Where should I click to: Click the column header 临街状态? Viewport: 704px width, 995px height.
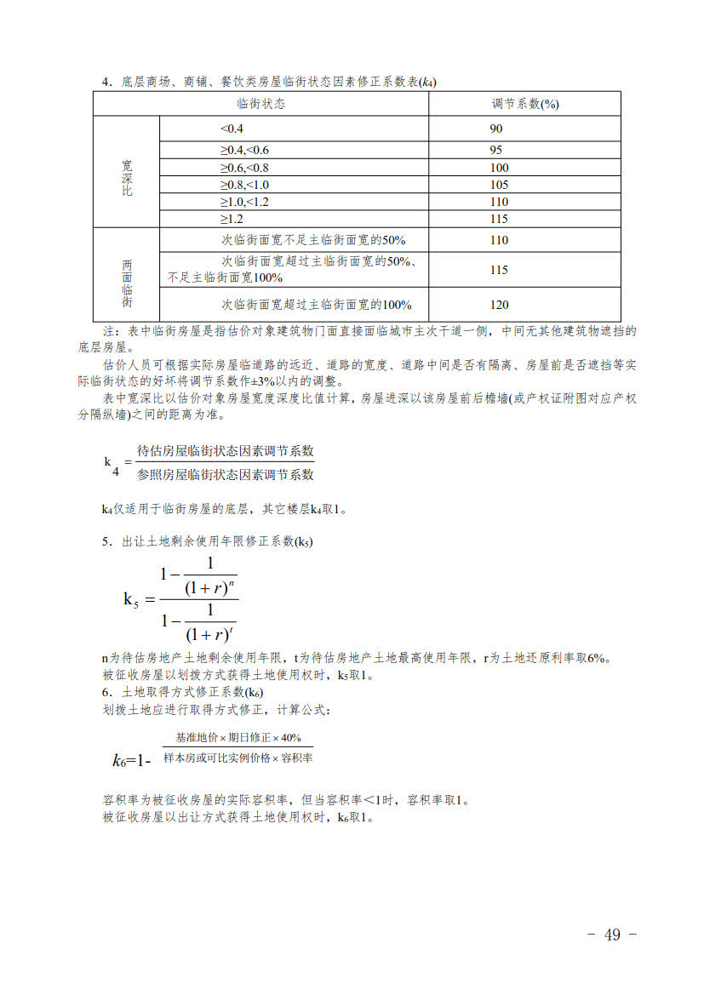[260, 104]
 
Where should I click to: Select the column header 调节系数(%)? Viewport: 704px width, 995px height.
[524, 104]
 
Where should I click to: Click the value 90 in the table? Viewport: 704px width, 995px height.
[496, 129]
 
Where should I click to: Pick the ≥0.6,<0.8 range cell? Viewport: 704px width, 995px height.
[244, 168]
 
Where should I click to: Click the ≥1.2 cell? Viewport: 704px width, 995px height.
[232, 219]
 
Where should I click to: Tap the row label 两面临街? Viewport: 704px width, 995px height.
[127, 283]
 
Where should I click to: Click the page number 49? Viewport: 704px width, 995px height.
[612, 935]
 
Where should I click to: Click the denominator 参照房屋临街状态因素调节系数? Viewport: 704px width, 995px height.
[226, 474]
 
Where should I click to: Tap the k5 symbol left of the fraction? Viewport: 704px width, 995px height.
[130, 599]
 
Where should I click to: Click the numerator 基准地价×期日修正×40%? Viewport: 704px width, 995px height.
[238, 737]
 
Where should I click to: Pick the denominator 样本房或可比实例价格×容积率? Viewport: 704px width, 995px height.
[238, 757]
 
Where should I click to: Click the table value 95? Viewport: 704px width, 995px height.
[496, 150]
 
